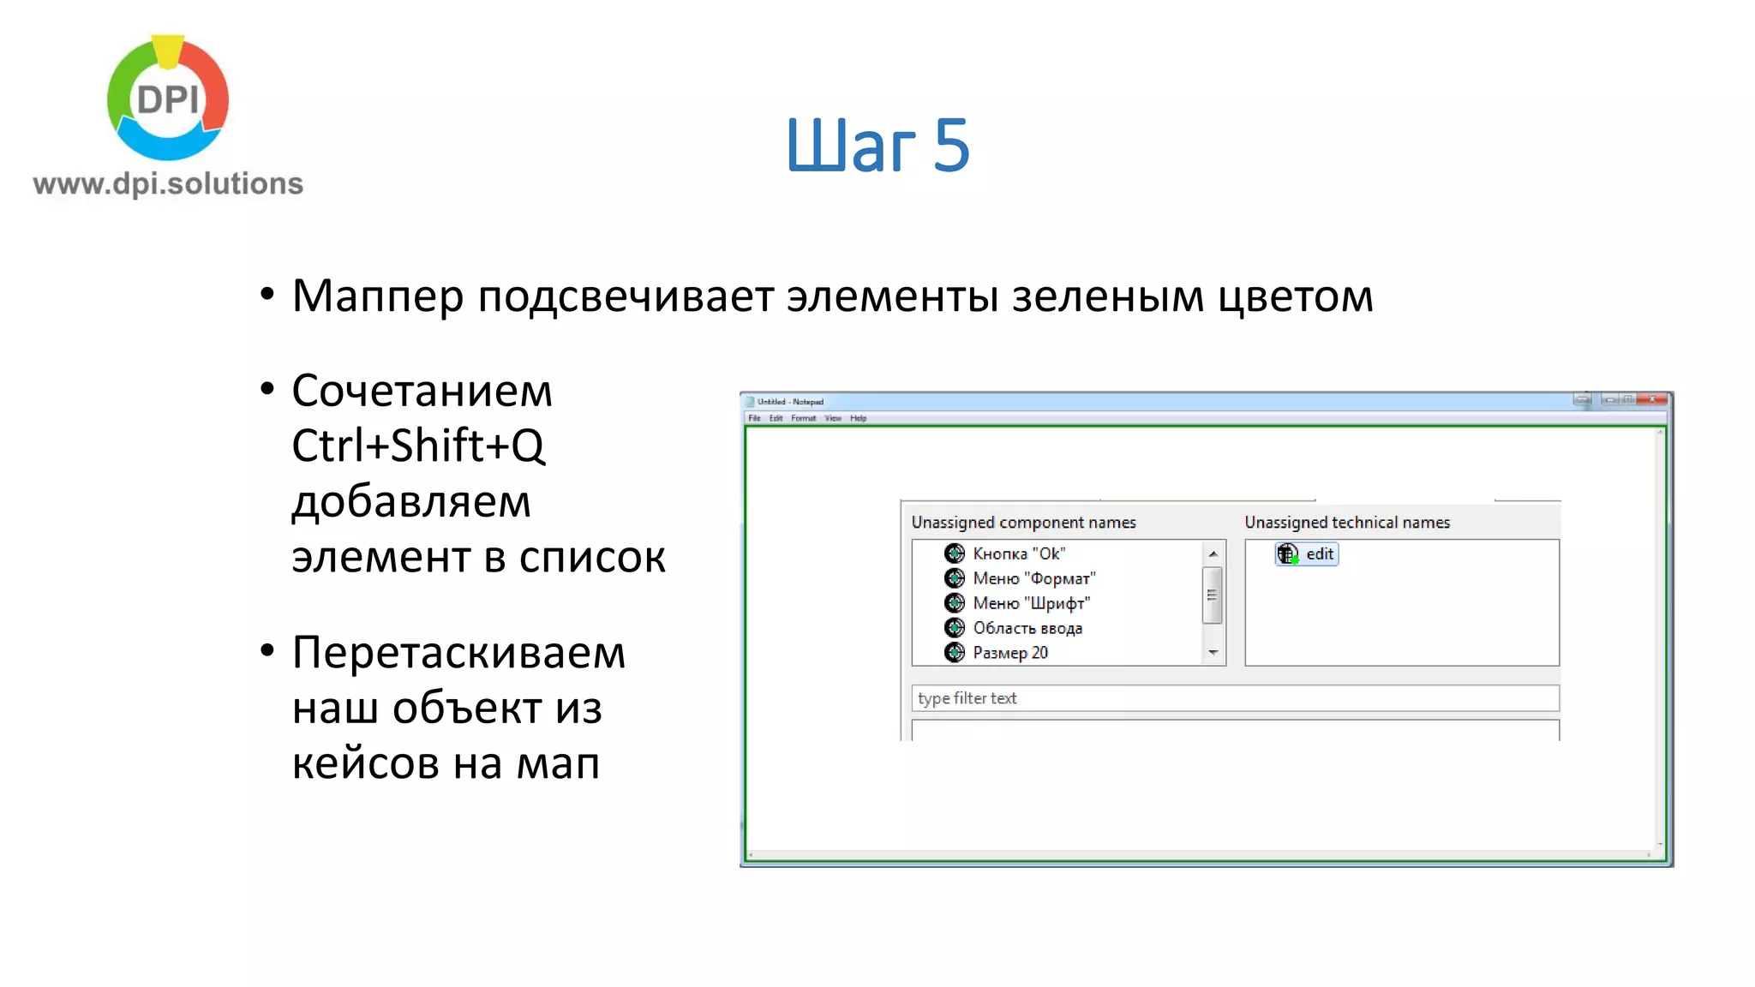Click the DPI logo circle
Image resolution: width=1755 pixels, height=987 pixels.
point(168,98)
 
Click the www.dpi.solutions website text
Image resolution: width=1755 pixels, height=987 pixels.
point(168,183)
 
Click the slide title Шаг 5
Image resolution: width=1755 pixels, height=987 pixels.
point(877,145)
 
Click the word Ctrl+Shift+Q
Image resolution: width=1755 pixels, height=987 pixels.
point(418,446)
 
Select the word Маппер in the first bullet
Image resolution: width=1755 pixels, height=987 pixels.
point(377,296)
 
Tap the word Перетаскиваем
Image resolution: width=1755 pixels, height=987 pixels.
point(458,653)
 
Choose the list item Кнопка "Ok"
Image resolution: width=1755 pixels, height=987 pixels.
point(1018,553)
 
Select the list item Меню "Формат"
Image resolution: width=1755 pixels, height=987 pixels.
point(1033,578)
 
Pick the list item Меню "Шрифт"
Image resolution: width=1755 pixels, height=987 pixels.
point(1031,603)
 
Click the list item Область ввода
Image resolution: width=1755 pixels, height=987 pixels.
point(1027,628)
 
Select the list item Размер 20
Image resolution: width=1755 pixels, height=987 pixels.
point(1009,653)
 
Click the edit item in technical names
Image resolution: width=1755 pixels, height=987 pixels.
point(1318,554)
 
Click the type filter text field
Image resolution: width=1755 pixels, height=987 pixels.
point(1234,698)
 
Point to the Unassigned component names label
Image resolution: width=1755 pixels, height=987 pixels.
point(1023,523)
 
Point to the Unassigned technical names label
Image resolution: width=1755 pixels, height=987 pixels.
point(1347,523)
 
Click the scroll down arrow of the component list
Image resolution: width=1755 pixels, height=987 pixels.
point(1213,653)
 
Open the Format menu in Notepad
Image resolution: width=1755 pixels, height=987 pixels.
point(803,418)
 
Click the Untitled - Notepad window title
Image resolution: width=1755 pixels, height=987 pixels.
point(790,402)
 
